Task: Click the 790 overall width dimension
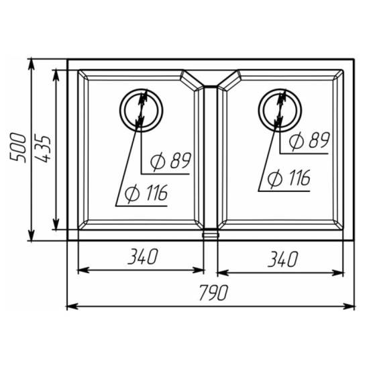(213, 293)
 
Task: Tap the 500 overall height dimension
(17, 148)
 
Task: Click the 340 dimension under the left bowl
(142, 256)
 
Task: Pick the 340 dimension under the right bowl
(283, 259)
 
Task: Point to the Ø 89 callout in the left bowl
(170, 161)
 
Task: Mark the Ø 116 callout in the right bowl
(288, 178)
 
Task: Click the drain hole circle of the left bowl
(120, 111)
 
